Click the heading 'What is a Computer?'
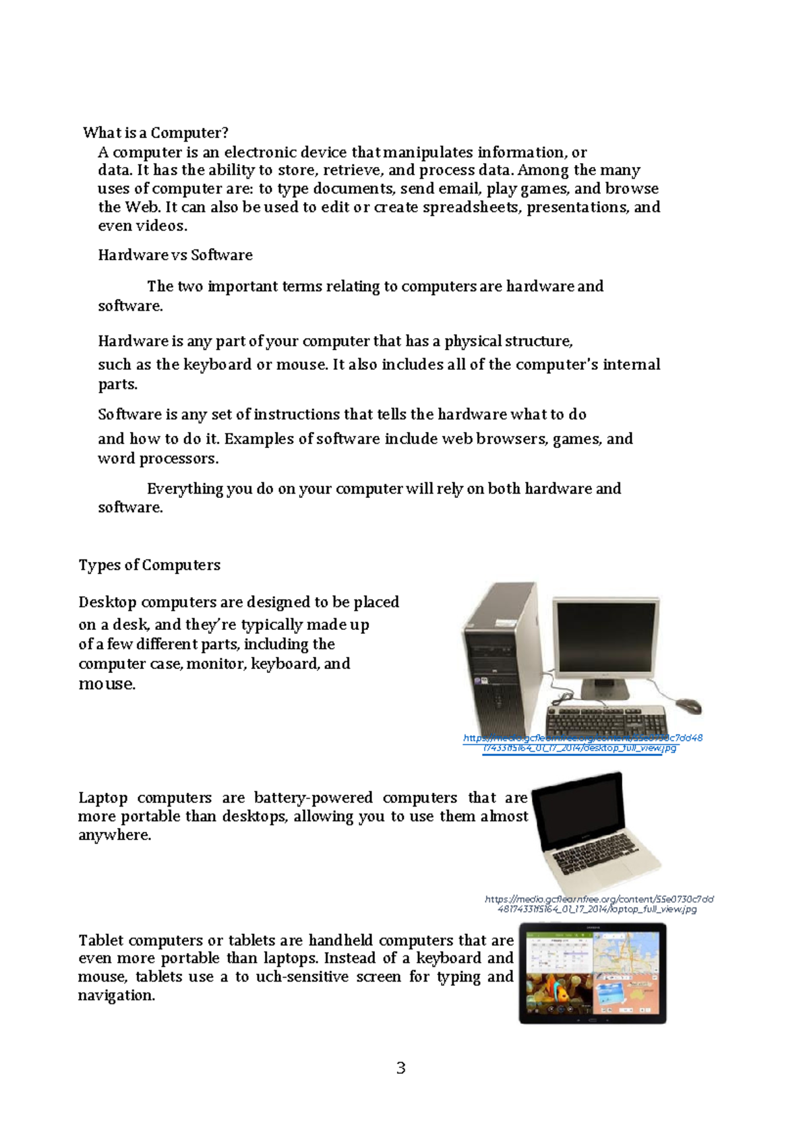156,133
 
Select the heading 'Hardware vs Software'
175,255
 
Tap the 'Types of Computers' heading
150,565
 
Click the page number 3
401,1068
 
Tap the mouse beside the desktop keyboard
688,706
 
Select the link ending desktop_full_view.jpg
582,743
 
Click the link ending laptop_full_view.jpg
599,904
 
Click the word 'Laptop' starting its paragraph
102,798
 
